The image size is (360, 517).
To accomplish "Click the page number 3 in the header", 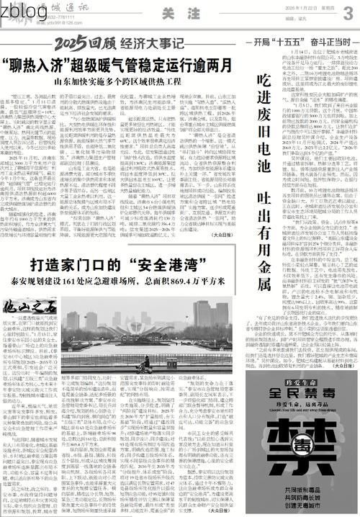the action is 348,14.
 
